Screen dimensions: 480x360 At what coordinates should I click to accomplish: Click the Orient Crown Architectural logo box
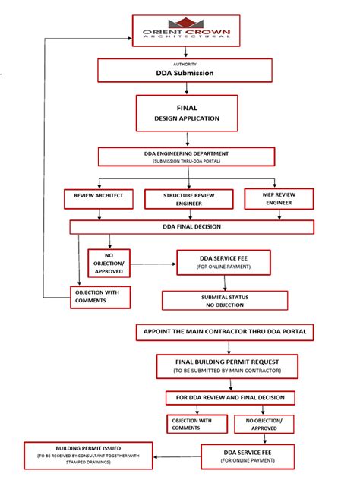187,31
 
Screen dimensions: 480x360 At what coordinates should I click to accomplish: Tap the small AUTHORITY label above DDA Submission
185,64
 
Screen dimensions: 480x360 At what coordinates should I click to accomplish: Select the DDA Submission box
185,73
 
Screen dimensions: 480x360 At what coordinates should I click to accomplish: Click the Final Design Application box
187,113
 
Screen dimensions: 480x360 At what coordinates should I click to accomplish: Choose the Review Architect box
99,198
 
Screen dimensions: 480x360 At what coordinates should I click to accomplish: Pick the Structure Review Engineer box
188,199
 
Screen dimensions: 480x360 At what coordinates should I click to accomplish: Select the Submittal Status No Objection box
225,300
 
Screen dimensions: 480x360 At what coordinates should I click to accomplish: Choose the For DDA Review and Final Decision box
230,397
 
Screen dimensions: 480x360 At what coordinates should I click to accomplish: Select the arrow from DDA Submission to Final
187,88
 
